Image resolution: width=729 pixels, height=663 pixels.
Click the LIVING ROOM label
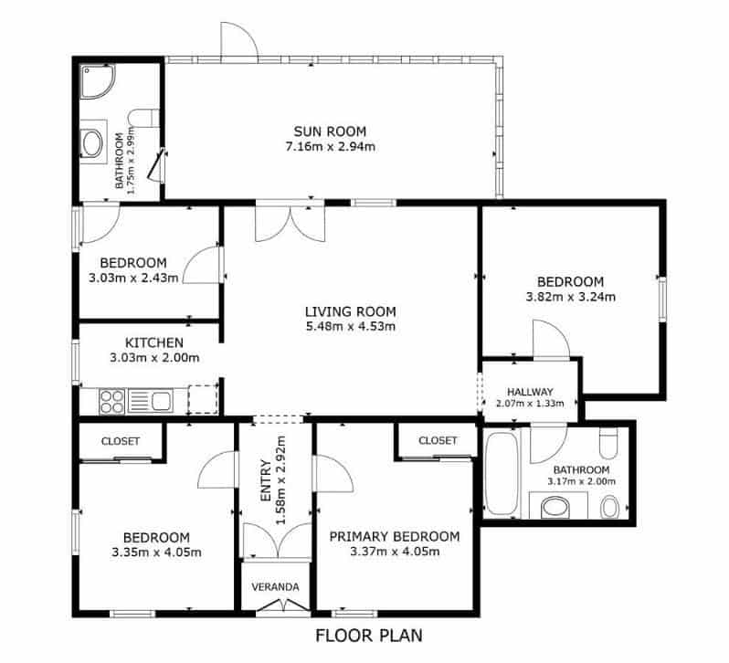pyautogui.click(x=351, y=311)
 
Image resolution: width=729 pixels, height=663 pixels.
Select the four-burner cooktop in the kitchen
pyautogui.click(x=111, y=400)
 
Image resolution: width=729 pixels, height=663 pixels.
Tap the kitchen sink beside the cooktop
pyautogui.click(x=152, y=400)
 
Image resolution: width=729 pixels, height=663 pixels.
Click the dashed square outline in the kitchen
pyautogui.click(x=203, y=399)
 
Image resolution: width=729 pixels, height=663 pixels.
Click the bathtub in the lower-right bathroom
pyautogui.click(x=502, y=474)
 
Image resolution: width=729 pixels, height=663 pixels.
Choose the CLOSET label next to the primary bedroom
pyautogui.click(x=438, y=440)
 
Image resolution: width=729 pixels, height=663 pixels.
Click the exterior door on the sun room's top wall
pyautogui.click(x=238, y=41)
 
